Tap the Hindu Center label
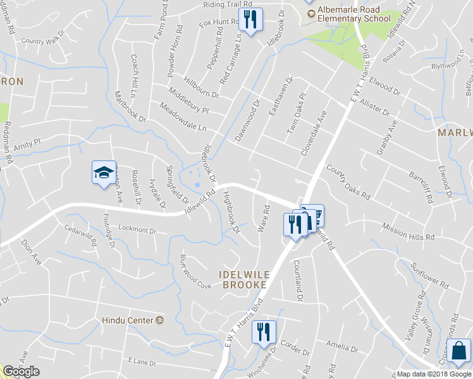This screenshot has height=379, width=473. tap(128, 321)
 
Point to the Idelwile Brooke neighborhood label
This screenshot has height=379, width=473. tap(243, 280)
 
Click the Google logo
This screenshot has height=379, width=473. tap(21, 371)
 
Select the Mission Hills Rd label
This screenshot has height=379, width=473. tap(408, 231)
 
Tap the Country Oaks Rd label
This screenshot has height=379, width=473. tap(348, 181)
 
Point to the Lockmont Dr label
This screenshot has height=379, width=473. tap(137, 229)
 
